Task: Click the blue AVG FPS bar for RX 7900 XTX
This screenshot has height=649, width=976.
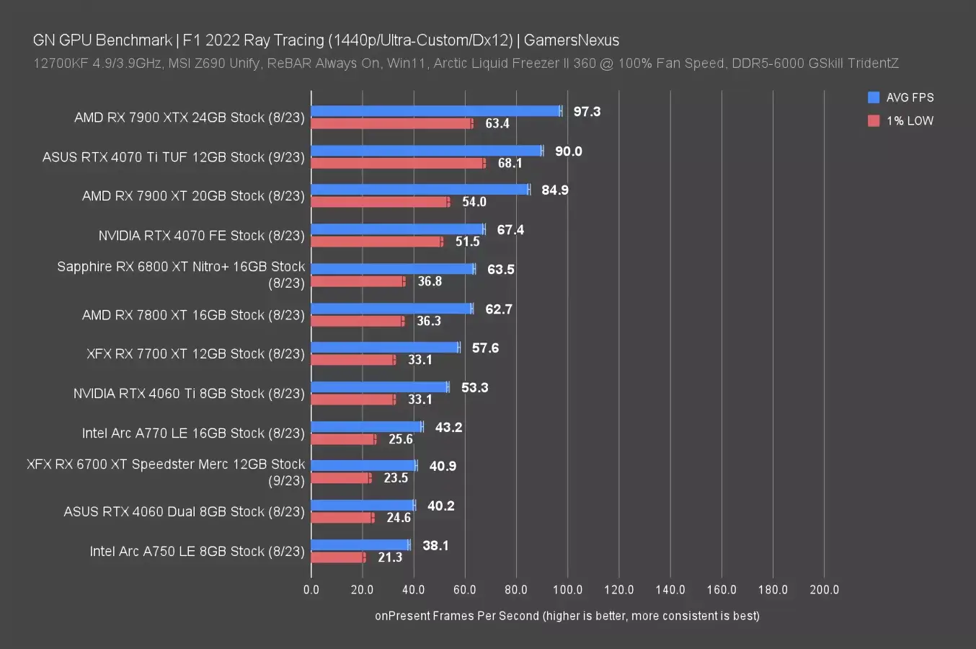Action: coord(435,111)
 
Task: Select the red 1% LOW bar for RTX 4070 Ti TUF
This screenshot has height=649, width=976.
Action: coord(398,163)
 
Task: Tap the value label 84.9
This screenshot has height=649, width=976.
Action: coord(555,190)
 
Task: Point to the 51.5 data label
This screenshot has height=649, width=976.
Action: coord(467,242)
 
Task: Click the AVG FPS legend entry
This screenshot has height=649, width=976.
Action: coord(901,97)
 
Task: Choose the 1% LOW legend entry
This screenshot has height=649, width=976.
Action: coord(901,120)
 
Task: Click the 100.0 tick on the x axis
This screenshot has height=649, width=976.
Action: coord(567,590)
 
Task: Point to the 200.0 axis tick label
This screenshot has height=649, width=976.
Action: coord(824,590)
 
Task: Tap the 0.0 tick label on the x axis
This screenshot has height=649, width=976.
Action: coord(311,590)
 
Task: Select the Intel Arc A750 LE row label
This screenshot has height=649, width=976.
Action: coord(197,551)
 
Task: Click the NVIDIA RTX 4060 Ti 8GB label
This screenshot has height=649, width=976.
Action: coord(189,393)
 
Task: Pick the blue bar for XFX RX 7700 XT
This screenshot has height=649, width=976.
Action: coord(385,348)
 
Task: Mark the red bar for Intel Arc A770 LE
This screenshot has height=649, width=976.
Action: coord(343,439)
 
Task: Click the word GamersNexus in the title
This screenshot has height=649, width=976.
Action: coord(571,40)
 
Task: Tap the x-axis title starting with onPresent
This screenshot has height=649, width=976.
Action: coord(567,616)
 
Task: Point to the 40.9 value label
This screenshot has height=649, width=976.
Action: coord(443,467)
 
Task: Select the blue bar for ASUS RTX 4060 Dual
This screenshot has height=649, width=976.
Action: coord(363,505)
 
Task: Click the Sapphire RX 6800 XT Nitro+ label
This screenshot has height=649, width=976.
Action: coord(181,274)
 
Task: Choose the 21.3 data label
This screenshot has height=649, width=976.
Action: coord(390,557)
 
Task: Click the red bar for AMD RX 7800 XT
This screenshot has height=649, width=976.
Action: coord(358,321)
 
